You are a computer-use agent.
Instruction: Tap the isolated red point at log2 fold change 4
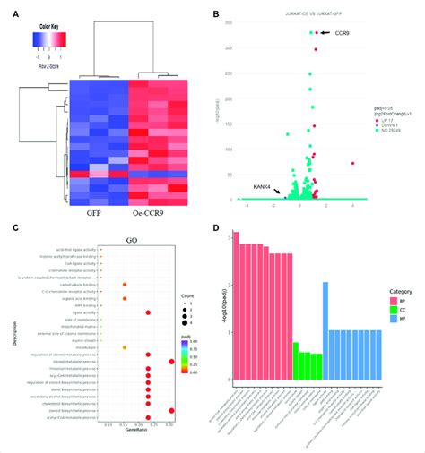click(x=353, y=163)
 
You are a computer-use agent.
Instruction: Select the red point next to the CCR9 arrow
click(x=317, y=32)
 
